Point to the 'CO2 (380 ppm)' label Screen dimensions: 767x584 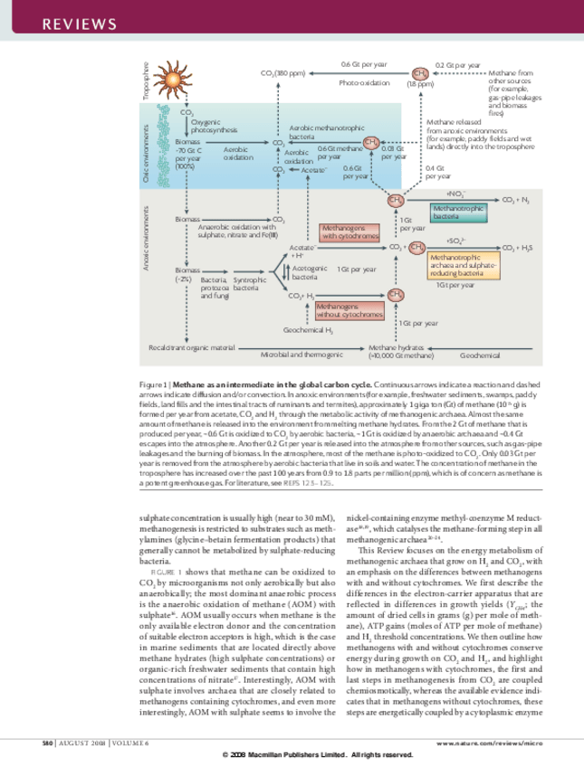(282, 72)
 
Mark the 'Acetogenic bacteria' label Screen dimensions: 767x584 (311, 274)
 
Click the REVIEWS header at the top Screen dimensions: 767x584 (67, 23)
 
